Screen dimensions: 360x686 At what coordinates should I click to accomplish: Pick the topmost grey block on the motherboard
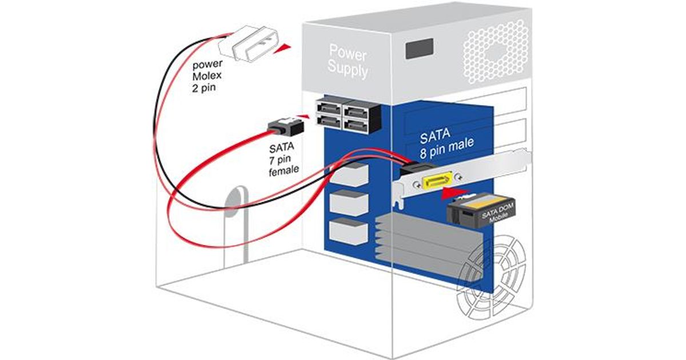(350, 174)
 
